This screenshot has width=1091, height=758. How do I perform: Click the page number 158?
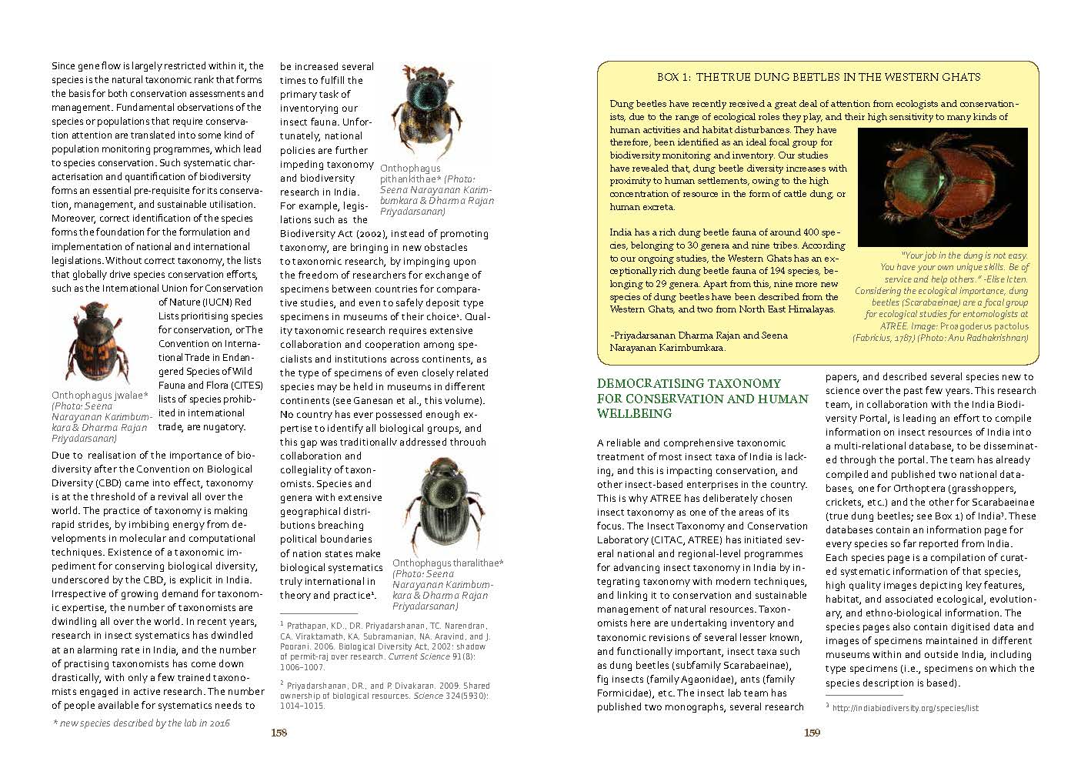coord(279,733)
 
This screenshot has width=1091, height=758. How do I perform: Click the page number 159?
coord(812,733)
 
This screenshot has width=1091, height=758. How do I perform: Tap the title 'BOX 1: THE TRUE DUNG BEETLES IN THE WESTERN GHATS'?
coord(819,77)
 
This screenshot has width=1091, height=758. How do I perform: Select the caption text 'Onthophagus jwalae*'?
coord(99,396)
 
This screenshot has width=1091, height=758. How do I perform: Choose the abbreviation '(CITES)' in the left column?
coord(245,385)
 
